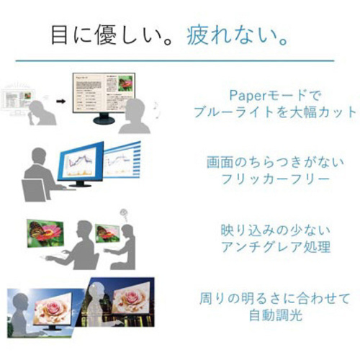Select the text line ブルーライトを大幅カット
275,112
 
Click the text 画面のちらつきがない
275,162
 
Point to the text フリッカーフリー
275,179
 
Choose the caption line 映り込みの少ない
275,230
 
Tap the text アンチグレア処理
275,247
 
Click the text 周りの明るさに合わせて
275,298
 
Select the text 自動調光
275,315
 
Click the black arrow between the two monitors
61,102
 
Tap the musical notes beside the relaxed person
156,109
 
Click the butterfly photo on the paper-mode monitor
125,84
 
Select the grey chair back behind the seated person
34,190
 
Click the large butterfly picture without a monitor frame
45,233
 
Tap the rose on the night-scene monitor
131,298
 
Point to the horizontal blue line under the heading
175,60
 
